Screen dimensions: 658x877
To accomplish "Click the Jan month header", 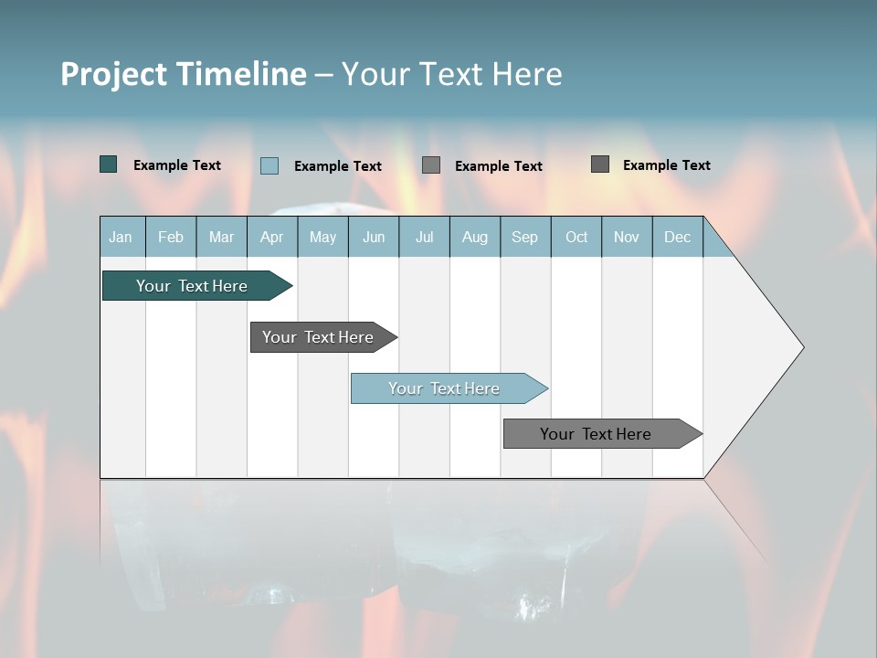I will click(122, 237).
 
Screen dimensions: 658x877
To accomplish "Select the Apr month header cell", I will click(271, 237).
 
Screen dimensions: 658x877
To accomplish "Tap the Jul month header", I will click(424, 237).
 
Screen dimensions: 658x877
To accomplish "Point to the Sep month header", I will click(524, 237).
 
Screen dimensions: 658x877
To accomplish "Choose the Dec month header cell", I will click(677, 237).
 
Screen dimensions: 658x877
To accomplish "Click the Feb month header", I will click(171, 237).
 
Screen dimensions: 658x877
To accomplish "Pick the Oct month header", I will click(576, 237).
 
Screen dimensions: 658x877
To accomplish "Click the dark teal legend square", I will click(109, 164).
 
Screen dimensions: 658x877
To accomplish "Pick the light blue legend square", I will click(269, 165).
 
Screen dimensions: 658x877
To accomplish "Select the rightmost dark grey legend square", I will click(600, 164).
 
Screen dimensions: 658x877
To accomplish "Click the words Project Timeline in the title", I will click(183, 74).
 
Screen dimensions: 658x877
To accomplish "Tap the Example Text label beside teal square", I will click(177, 165).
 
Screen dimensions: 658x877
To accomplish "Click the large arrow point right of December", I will click(758, 347).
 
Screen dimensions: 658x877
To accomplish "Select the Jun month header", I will click(374, 237).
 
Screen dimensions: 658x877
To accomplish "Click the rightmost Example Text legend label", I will click(666, 165).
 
